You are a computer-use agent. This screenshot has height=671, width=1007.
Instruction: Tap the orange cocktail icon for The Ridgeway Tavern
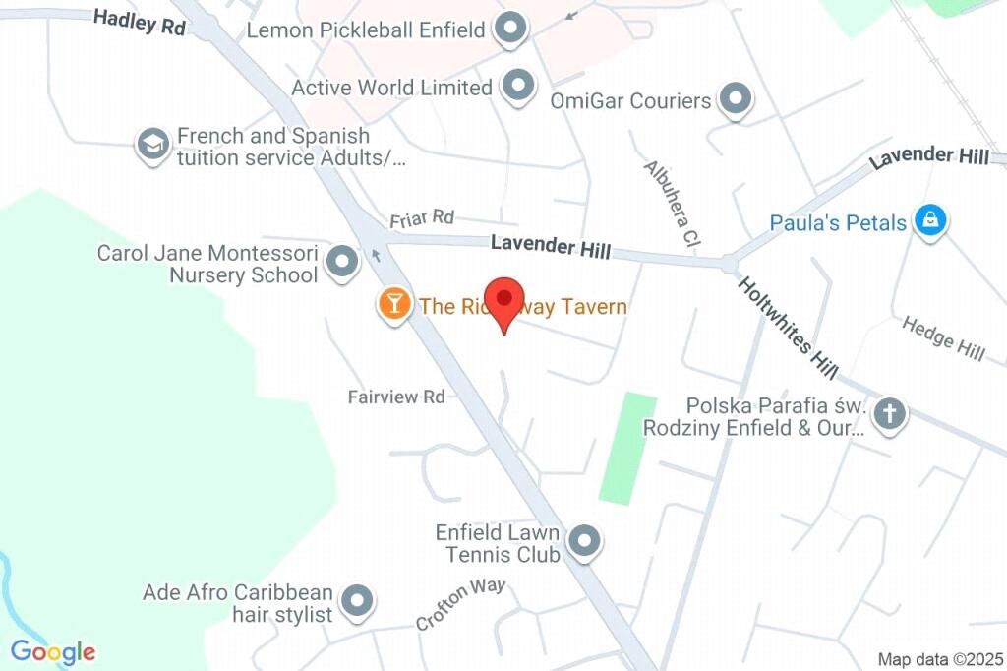click(394, 303)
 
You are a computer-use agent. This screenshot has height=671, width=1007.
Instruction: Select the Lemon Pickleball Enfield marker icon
click(510, 30)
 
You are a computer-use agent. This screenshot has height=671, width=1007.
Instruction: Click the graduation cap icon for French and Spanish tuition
click(152, 145)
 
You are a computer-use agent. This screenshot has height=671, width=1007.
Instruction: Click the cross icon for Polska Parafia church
click(889, 413)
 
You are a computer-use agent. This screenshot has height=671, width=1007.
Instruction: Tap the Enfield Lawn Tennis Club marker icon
click(586, 540)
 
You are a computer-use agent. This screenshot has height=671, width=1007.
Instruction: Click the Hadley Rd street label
click(140, 22)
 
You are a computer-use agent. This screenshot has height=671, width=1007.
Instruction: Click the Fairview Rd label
click(396, 396)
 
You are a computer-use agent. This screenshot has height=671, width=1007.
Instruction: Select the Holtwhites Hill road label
click(788, 328)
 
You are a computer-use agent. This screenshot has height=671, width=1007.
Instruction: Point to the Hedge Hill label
click(943, 337)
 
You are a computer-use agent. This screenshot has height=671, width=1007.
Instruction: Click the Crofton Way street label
click(460, 604)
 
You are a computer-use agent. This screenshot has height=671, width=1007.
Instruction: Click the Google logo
click(53, 651)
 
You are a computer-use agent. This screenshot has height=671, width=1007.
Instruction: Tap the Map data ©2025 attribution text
click(939, 658)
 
